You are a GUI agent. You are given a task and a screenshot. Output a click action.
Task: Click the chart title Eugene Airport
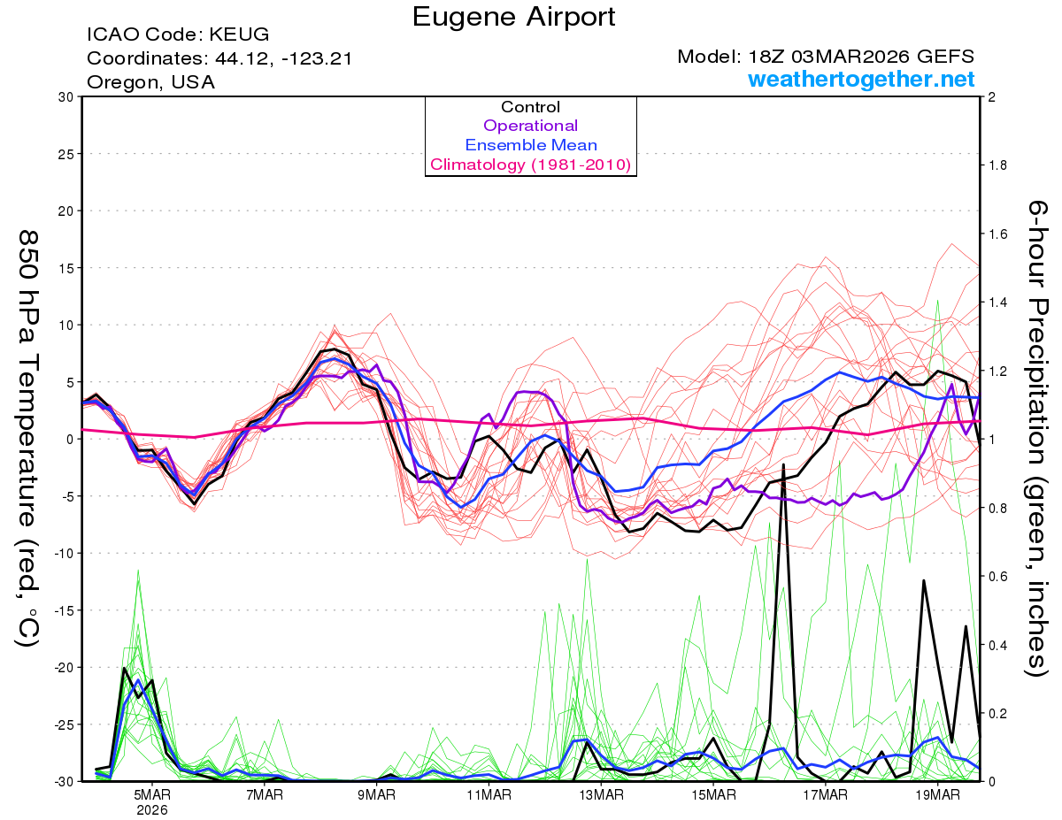[x=513, y=16]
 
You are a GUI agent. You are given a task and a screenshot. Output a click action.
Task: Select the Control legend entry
[x=530, y=107]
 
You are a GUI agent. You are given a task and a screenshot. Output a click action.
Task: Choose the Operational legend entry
[x=530, y=126]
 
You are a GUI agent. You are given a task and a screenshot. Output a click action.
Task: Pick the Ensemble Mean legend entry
[x=530, y=145]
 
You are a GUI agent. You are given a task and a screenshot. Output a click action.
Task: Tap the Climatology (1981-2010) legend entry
[x=530, y=165]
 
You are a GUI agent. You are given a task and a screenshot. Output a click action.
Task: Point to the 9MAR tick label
[x=377, y=795]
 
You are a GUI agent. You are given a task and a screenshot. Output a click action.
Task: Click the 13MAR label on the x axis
[x=601, y=795]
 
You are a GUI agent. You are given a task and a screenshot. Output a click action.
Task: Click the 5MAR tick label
[x=152, y=795]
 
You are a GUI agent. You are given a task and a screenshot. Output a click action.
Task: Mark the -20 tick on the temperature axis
[x=64, y=667]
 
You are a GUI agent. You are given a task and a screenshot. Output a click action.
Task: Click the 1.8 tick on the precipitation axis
[x=997, y=165]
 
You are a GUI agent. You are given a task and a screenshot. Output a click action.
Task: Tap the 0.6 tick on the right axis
[x=997, y=576]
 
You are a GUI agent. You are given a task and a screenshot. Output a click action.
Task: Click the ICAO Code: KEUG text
[x=178, y=35]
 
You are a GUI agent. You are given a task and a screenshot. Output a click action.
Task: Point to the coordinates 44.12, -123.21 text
[x=219, y=59]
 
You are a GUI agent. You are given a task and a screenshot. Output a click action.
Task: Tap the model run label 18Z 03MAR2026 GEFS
[x=826, y=57]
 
